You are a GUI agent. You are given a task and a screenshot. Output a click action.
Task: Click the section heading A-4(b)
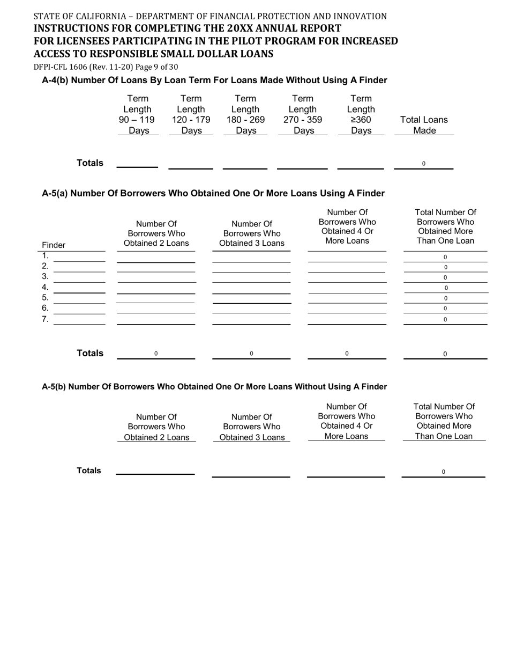point(214,80)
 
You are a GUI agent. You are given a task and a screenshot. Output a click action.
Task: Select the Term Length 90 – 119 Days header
point(138,115)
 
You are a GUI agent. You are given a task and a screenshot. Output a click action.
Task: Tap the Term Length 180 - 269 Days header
point(245,115)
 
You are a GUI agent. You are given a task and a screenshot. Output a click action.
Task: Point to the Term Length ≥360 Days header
point(361,115)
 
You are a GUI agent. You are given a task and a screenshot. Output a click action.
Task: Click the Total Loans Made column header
point(424,126)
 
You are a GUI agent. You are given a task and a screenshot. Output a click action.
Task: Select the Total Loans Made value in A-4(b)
point(424,164)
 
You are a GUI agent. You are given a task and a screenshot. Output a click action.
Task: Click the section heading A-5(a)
point(213,193)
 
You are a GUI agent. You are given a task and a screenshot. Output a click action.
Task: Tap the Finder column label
point(54,245)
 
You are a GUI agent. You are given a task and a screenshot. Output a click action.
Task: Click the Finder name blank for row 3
point(80,277)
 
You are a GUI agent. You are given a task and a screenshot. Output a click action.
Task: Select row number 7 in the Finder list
point(46,319)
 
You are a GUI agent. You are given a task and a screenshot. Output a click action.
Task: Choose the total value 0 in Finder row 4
point(446,288)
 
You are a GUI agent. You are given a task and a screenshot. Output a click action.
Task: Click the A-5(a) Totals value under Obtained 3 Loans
point(251,354)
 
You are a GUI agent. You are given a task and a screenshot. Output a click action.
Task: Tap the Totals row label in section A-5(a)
point(90,353)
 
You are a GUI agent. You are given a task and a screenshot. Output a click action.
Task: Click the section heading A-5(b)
point(214,387)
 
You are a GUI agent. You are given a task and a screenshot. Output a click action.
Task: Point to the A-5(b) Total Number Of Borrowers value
point(443,472)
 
